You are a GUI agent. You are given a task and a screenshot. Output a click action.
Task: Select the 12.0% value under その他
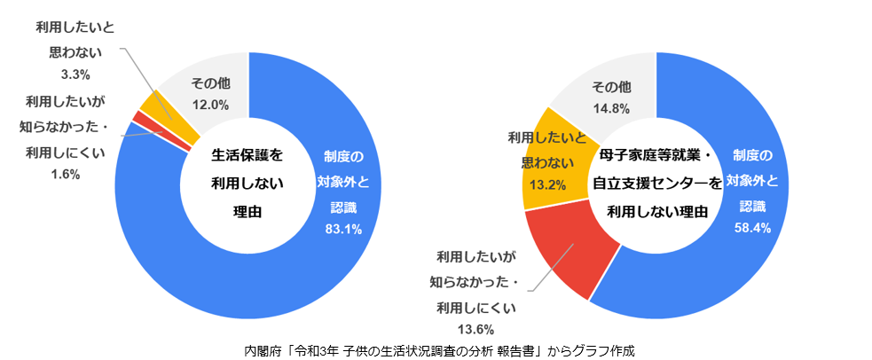[210, 105]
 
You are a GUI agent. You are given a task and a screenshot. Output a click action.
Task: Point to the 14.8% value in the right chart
[610, 109]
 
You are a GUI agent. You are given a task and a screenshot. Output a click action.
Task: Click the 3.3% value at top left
[69, 74]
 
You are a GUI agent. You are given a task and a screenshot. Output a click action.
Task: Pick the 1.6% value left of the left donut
[66, 174]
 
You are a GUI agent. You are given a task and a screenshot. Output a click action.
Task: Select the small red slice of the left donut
[137, 117]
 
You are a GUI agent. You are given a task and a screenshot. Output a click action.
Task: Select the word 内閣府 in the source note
[262, 349]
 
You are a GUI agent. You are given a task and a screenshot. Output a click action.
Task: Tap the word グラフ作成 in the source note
[601, 349]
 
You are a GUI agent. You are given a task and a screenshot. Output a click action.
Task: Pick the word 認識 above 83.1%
[344, 207]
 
